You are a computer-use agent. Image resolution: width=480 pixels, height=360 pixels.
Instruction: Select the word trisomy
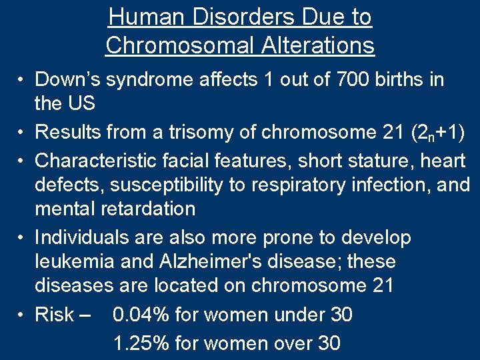coord(187,132)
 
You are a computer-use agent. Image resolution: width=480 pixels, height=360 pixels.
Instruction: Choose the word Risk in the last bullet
coord(55,315)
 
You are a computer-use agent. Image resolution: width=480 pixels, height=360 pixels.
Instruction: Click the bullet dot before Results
coord(23,133)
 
